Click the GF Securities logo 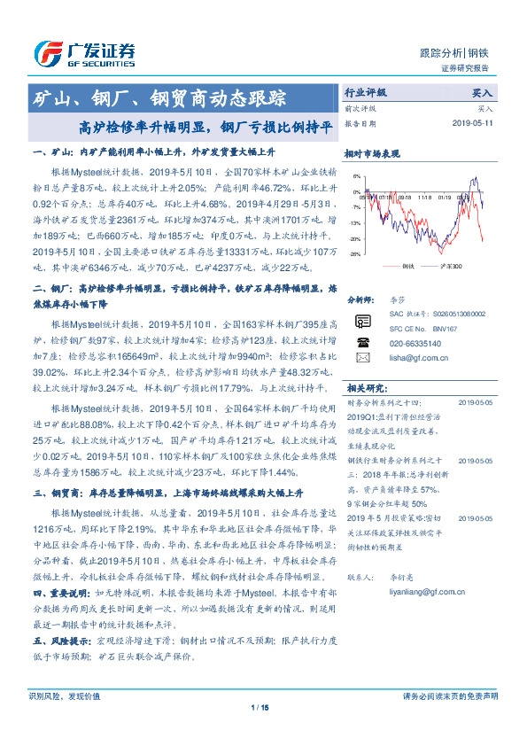click(84, 53)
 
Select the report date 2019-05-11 click(472, 124)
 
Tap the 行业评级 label click(366, 93)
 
